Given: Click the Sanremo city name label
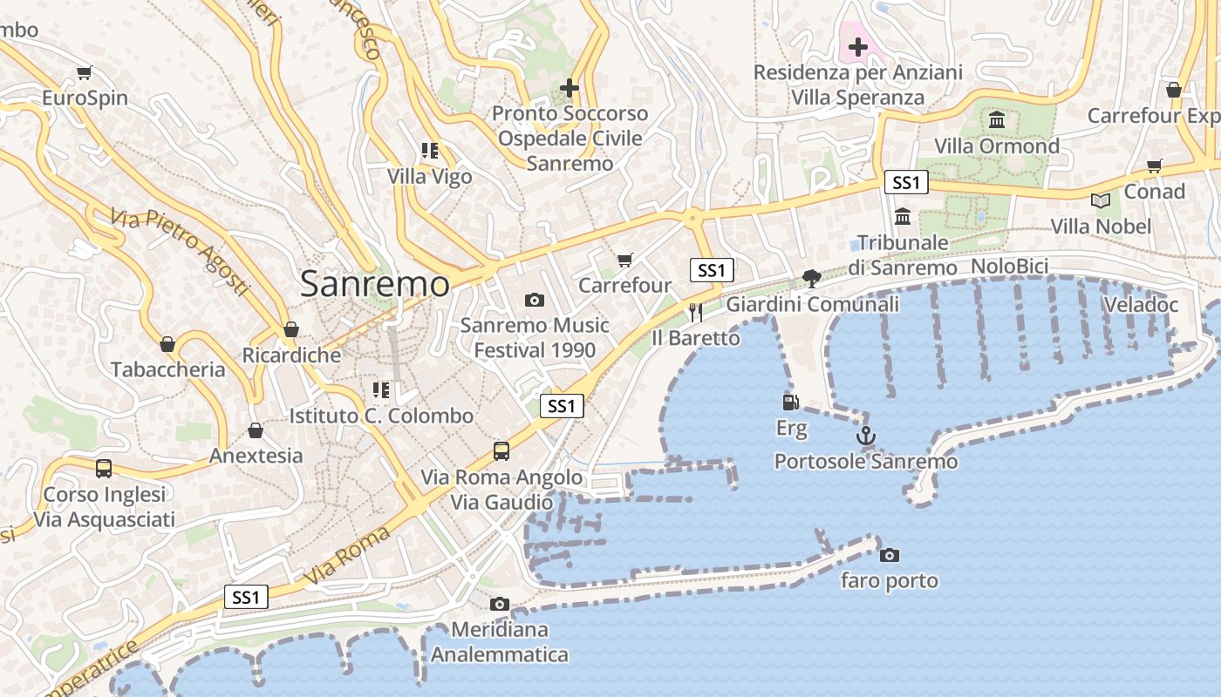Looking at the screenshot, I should [375, 284].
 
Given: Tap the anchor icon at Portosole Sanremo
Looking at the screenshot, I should [866, 436].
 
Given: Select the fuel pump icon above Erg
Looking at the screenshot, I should [791, 402].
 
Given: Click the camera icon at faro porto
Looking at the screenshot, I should [890, 555].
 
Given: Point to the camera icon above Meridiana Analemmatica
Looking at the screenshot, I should [500, 604].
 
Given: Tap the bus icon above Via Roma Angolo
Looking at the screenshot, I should [501, 450].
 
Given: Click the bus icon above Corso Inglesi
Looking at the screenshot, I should [104, 468].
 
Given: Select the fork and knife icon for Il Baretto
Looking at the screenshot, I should [695, 312].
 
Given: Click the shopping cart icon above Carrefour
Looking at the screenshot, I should [624, 260].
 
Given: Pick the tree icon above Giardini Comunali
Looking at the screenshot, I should [812, 278].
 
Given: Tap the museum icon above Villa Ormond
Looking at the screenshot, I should [997, 119].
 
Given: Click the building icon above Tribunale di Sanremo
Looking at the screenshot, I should [903, 215].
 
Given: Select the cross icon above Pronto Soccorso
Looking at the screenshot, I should [570, 87].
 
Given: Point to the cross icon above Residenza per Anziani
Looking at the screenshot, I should [858, 46].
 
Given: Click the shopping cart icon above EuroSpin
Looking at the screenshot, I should [85, 72].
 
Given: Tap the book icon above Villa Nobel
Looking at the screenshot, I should [1101, 200].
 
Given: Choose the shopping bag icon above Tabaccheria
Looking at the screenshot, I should [167, 343].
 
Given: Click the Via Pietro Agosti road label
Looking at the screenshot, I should [180, 250].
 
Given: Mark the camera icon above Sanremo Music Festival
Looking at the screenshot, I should [535, 300].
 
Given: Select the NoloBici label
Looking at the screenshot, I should [1009, 266].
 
